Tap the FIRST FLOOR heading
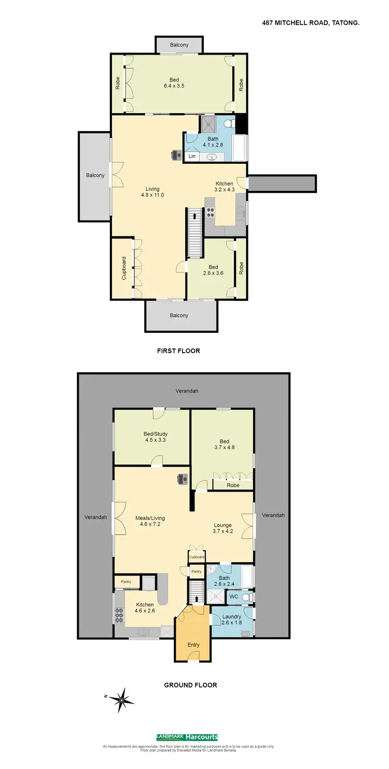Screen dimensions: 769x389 tap(178, 351)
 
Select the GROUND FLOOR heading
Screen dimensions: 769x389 tap(190, 685)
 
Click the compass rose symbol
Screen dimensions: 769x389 tap(121, 700)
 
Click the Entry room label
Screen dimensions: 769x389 tap(193, 645)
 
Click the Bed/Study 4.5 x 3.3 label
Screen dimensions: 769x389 tap(156, 437)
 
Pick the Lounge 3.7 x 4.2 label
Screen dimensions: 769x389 tap(223, 528)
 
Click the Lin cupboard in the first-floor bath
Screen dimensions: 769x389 tap(192, 156)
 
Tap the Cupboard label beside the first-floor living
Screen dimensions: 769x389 tap(124, 268)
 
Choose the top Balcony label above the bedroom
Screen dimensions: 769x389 tap(179, 45)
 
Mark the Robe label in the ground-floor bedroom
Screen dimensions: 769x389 tap(233, 485)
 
